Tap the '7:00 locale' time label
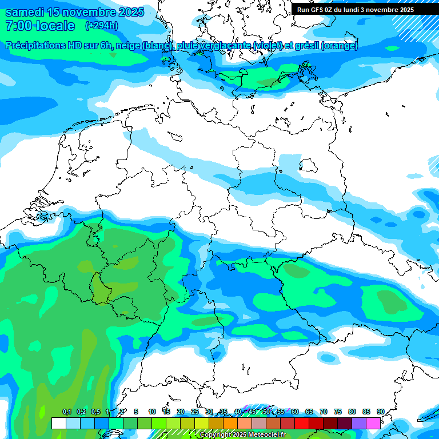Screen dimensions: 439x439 click(40, 26)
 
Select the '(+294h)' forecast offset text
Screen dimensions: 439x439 click(102, 26)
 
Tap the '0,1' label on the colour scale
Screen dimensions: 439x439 click(67, 412)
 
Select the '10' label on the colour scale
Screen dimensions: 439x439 click(152, 412)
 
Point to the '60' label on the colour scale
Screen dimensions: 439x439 click(295, 412)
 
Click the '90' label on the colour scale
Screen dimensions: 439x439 click(381, 412)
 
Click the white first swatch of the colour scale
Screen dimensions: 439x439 click(58, 423)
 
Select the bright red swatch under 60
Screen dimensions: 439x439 click(302, 423)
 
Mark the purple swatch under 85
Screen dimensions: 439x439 click(359, 423)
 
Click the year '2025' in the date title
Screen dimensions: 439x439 click(130, 12)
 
